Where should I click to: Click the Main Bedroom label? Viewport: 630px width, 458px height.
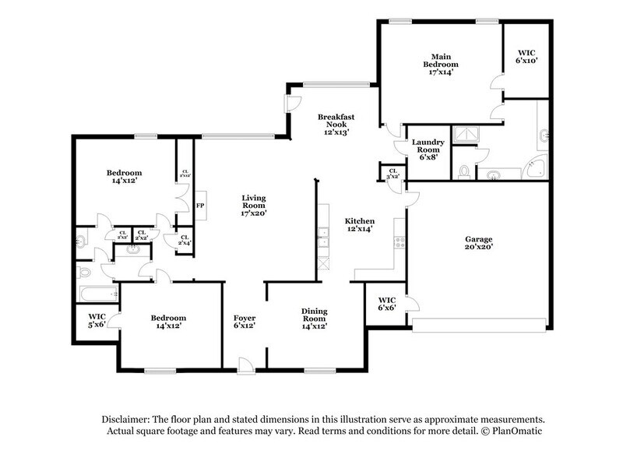(441, 64)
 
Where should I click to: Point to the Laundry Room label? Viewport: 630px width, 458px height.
(428, 149)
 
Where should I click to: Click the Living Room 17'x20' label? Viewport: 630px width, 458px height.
(255, 206)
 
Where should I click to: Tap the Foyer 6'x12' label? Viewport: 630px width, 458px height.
(245, 322)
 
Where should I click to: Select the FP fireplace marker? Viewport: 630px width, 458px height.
(199, 206)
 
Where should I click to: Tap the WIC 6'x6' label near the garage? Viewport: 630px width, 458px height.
(387, 303)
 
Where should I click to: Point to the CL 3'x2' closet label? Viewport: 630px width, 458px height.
(392, 174)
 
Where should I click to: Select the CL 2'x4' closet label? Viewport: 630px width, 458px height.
(184, 241)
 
